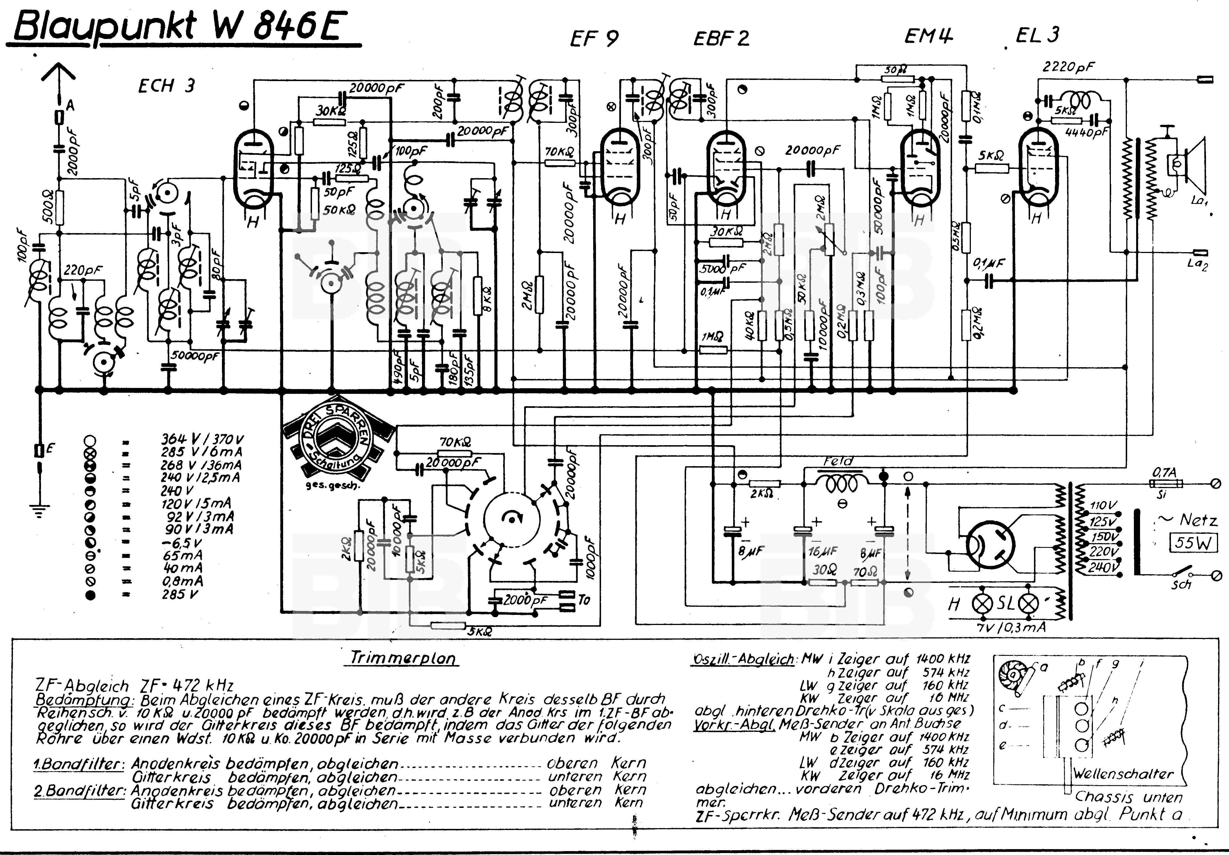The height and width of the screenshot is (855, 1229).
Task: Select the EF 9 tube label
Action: (594, 38)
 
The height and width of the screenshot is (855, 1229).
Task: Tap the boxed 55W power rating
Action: (1192, 543)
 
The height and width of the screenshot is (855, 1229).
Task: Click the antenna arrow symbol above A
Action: (58, 75)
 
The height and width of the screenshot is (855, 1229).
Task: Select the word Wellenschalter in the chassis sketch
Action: (1122, 774)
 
